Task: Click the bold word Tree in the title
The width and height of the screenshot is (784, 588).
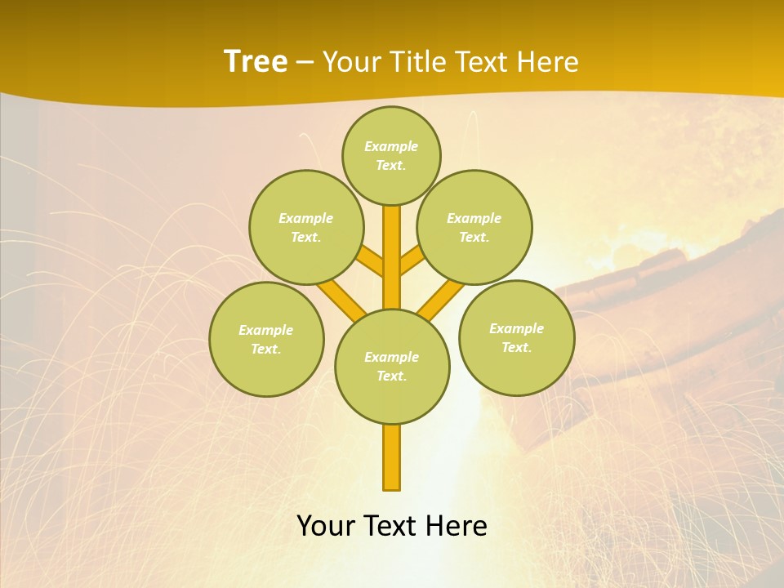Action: (256, 62)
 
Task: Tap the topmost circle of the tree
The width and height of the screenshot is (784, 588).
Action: (391, 155)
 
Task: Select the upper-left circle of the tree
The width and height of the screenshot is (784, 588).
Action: (306, 227)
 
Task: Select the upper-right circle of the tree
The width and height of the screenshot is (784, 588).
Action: (474, 227)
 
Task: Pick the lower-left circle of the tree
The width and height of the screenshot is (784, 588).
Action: (266, 339)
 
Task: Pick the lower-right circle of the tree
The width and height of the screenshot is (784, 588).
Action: (517, 337)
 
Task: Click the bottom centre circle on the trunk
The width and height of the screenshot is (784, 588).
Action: (392, 366)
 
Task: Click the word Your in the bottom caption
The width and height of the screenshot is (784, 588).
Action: (325, 526)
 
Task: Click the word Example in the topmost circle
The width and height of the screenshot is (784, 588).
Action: (391, 147)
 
